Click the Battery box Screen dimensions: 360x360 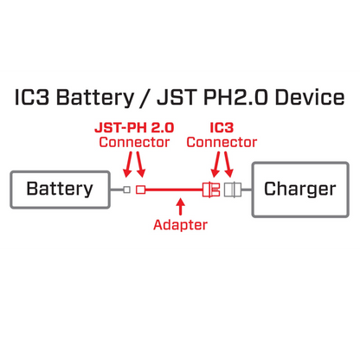pos(59,190)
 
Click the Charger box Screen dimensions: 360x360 pos(299,190)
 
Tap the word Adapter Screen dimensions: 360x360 pos(180,225)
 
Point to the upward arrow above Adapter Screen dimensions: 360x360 pos(180,207)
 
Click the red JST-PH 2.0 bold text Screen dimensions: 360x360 pos(134,127)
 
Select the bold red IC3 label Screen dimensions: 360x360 pos(222,127)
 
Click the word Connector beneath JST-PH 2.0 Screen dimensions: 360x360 pos(134,142)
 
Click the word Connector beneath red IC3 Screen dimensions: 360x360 pos(222,142)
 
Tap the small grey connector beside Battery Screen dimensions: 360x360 pos(126,190)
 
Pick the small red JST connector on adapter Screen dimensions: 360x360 pos(140,190)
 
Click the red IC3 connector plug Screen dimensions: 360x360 pos(211,190)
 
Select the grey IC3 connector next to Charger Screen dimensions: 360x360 pos(231,190)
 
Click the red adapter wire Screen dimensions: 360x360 pos(173,190)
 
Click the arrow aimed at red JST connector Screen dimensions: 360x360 pos(139,164)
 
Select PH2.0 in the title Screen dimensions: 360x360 pos(228,97)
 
